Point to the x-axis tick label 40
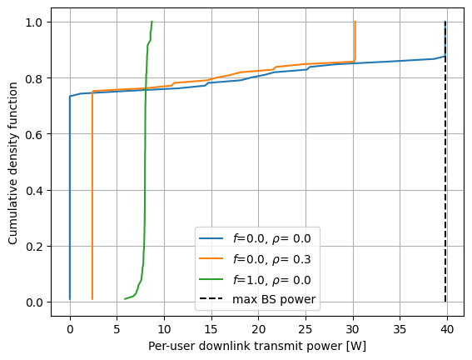coord(447,326)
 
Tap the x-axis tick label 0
coord(70,326)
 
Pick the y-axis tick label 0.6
coord(36,134)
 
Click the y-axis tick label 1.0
coord(36,22)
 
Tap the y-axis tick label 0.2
coord(36,247)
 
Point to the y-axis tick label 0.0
coord(36,302)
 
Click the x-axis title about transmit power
coord(256,345)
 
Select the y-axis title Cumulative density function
coord(13,162)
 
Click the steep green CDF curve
coord(146,167)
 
